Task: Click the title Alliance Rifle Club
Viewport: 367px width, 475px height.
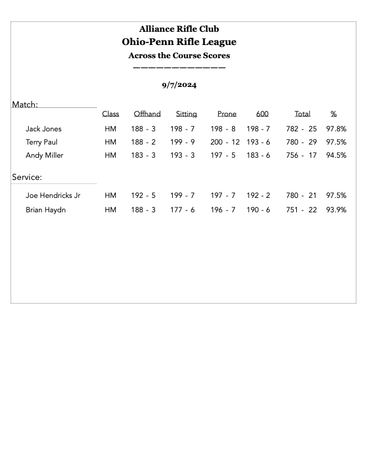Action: click(x=179, y=29)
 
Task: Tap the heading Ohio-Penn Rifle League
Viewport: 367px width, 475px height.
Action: click(x=179, y=42)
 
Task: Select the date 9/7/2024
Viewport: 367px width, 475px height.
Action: click(x=179, y=85)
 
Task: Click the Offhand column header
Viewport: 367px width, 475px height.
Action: click(x=147, y=114)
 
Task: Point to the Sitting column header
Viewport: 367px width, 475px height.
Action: click(x=186, y=114)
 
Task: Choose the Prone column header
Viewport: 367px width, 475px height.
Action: click(x=227, y=114)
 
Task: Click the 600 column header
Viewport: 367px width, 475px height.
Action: click(x=262, y=114)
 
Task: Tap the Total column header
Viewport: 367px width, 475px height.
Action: click(x=302, y=114)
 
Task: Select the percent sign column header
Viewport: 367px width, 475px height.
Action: click(x=333, y=114)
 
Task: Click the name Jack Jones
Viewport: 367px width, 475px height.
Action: click(x=43, y=129)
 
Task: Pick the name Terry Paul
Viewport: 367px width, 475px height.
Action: click(x=41, y=142)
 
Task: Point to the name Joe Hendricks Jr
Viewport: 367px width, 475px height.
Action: click(x=53, y=196)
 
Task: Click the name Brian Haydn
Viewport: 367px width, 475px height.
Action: click(x=46, y=210)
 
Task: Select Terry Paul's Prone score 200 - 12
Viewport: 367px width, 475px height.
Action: click(x=225, y=142)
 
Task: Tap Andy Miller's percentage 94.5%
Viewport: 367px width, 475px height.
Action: click(x=336, y=155)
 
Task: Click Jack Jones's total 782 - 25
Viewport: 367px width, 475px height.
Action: click(x=302, y=129)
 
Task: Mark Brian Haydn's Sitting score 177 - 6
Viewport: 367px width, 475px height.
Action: click(x=182, y=210)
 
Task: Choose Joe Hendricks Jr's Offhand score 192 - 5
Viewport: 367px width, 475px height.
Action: click(x=143, y=196)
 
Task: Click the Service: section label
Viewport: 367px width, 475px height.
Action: click(x=27, y=178)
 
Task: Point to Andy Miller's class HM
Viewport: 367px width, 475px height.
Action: click(x=110, y=155)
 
